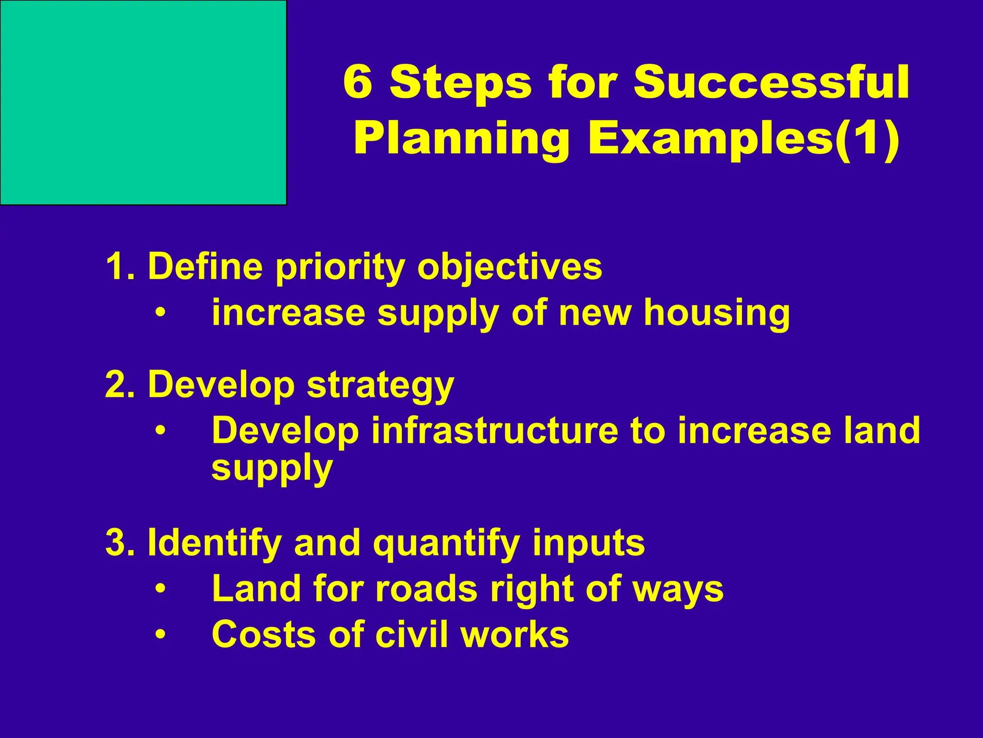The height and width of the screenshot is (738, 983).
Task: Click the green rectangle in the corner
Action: pos(143,102)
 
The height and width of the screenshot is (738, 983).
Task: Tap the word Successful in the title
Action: pos(771,82)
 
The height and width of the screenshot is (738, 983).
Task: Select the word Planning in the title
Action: pos(461,139)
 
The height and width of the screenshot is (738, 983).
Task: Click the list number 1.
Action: pos(117,267)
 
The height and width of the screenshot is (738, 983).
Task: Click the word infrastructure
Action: pos(494,430)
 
